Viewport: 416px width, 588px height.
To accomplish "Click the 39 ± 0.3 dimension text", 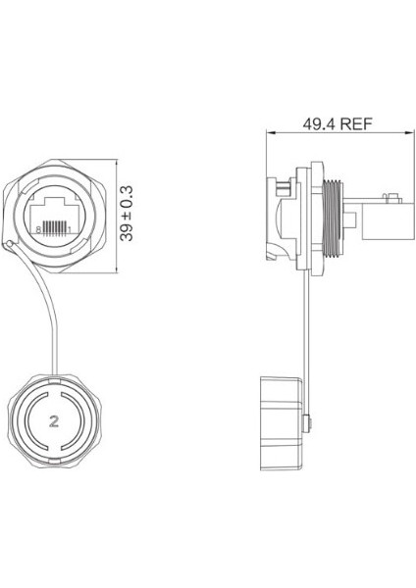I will click(125, 210).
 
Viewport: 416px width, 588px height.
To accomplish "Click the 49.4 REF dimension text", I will click(330, 126).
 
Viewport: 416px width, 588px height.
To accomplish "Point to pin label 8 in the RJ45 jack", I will click(37, 228).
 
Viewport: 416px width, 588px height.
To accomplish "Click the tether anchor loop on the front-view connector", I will click(10, 246).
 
